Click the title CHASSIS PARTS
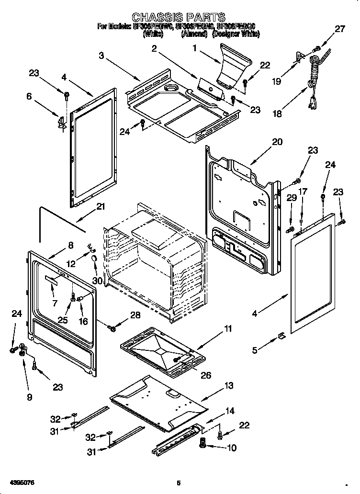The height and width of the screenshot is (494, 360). (x=178, y=18)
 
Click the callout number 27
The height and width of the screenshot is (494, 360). (x=339, y=29)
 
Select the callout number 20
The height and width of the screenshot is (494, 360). (x=277, y=142)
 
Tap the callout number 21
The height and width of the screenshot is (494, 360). (x=100, y=207)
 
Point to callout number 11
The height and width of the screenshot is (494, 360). (x=228, y=328)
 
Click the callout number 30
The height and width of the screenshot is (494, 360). (x=98, y=281)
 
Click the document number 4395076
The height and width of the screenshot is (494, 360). (x=21, y=483)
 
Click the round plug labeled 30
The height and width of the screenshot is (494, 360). (x=94, y=258)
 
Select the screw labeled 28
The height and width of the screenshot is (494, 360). (x=112, y=328)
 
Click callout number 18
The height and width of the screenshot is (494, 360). (x=277, y=114)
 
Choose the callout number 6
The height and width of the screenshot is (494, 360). (x=29, y=96)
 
